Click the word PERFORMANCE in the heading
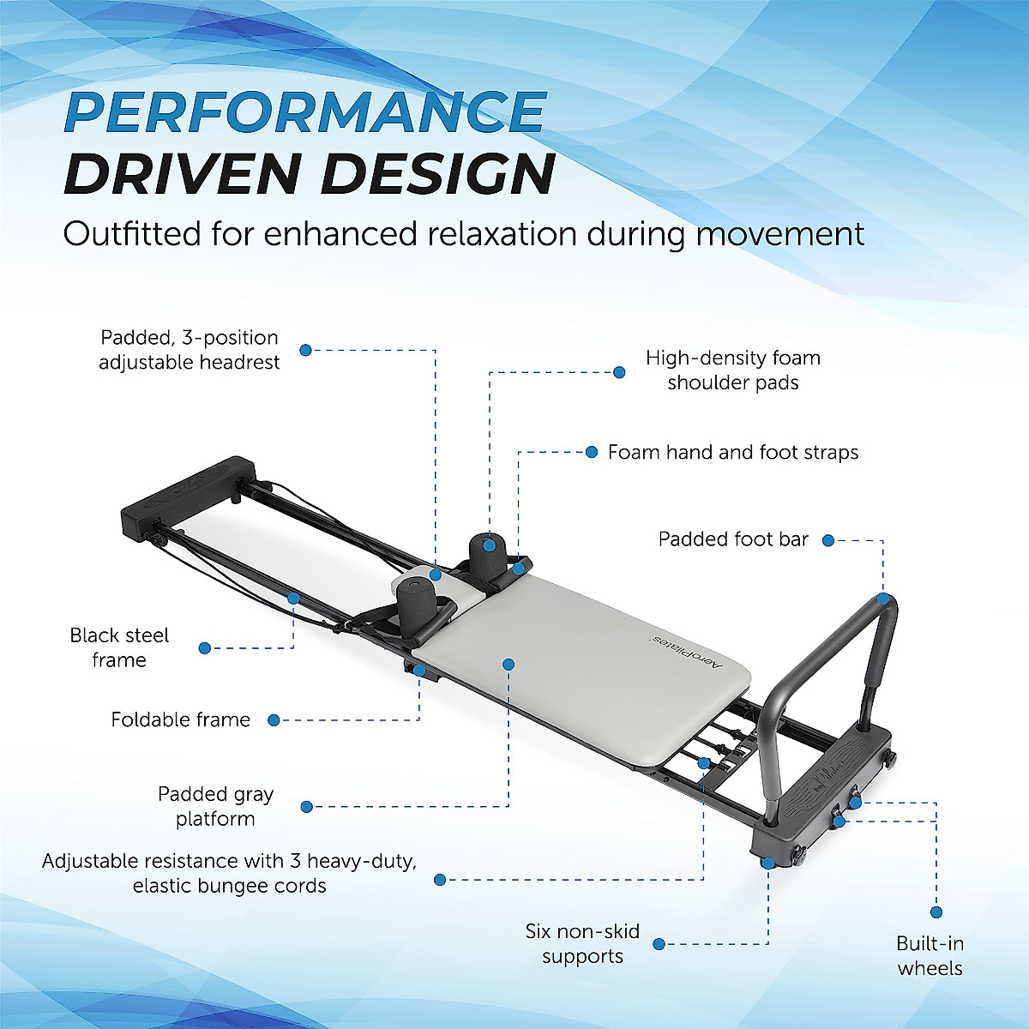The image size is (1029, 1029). (x=304, y=111)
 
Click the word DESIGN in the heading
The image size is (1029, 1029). (x=437, y=174)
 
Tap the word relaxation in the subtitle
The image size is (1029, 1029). (x=489, y=234)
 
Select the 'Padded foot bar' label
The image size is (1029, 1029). (x=733, y=539)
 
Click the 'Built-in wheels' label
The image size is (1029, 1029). (x=930, y=955)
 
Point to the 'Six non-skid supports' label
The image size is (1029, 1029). (x=582, y=943)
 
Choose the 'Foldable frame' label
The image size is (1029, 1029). (x=180, y=719)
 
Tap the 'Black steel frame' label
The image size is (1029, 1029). (x=119, y=647)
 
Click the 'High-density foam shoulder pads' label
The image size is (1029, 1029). (x=733, y=370)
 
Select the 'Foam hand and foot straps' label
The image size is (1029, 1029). (x=733, y=452)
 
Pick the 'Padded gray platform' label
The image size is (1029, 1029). (x=215, y=806)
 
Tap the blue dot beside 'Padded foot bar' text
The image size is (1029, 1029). (x=827, y=540)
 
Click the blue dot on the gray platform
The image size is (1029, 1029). (x=508, y=664)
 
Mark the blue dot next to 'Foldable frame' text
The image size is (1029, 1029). (x=274, y=720)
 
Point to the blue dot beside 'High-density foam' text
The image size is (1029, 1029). (x=619, y=372)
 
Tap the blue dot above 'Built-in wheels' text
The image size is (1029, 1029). (x=936, y=912)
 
